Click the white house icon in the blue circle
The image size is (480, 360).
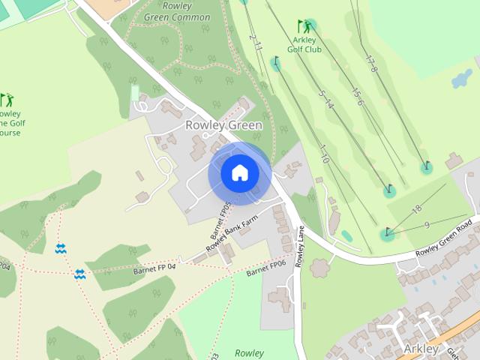239,173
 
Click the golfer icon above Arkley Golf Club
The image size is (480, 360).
304,26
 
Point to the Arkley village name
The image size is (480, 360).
421,349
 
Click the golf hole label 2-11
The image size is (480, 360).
256,43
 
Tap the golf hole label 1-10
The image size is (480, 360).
325,154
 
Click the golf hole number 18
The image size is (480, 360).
418,208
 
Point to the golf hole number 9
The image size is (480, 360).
426,225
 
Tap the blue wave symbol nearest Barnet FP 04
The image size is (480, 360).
79,274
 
